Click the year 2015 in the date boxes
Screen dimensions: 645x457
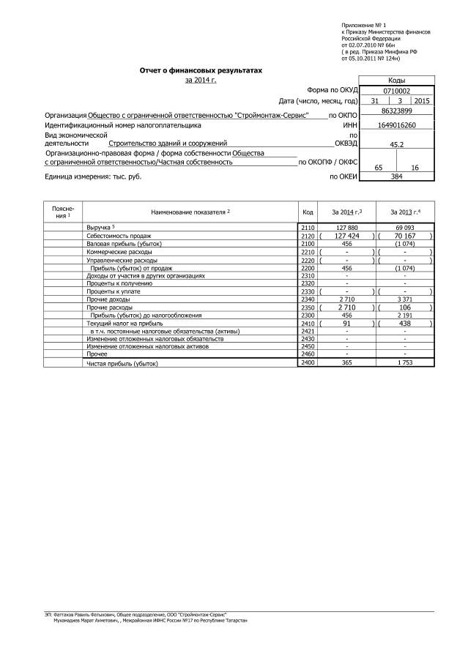pos(423,100)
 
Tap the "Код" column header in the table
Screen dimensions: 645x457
pos(308,212)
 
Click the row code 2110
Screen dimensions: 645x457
pos(308,228)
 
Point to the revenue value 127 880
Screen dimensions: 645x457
pos(346,228)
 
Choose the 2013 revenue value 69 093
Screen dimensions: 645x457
pos(405,228)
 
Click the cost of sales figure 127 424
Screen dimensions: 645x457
pos(346,236)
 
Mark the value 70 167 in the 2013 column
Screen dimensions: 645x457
pos(405,236)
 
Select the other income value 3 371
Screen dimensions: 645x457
pos(405,299)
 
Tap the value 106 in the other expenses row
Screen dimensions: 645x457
pos(405,307)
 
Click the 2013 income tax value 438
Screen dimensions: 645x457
pos(405,323)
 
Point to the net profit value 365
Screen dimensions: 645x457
pos(346,363)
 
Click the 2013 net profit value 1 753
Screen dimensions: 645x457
pos(405,363)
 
